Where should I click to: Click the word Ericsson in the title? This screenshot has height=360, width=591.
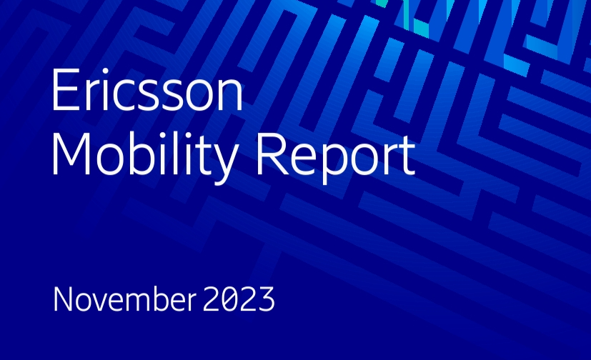147,89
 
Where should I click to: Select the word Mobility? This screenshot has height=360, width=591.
146,154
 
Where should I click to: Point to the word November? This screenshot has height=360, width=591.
125,299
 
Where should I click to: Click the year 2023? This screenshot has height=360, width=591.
239,299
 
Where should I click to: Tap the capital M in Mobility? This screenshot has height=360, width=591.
71,154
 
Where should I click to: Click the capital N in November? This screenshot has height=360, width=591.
63,299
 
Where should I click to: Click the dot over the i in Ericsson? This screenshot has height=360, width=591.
105,71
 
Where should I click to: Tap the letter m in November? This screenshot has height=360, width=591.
139,303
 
